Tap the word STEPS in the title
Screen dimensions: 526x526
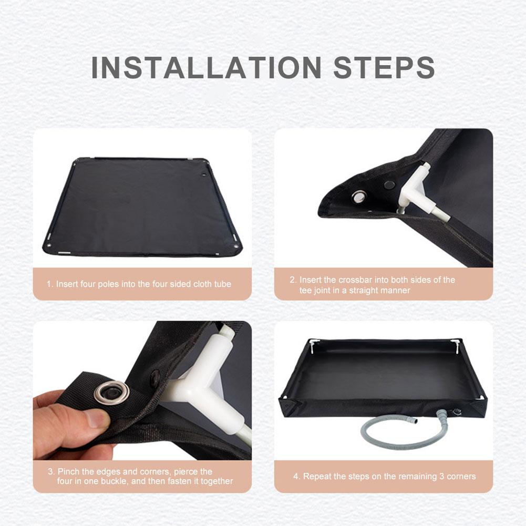384,67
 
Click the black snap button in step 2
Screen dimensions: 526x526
389,185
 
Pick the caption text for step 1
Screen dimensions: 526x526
139,284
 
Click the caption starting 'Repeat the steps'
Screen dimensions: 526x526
384,477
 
